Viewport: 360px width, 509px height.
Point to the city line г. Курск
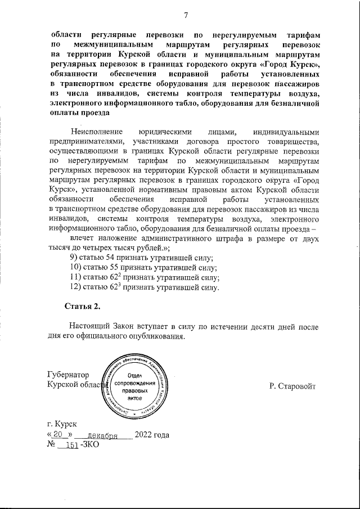point(62,424)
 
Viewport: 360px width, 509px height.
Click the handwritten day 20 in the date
point(57,435)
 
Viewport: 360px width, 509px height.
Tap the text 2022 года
point(152,435)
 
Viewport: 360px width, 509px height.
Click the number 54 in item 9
point(114,258)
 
